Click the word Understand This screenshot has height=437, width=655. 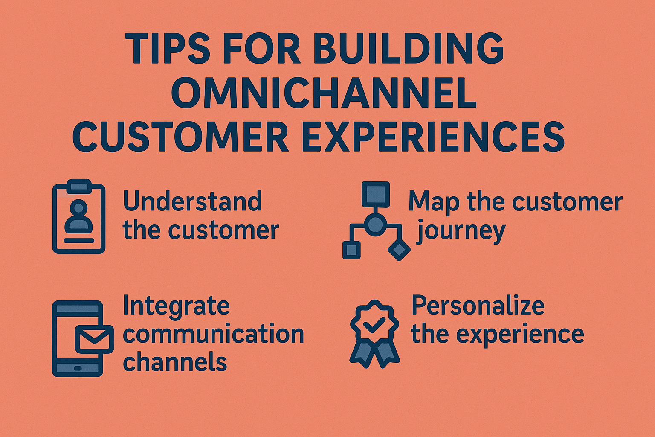click(192, 201)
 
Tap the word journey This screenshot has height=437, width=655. click(461, 231)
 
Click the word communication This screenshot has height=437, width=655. click(213, 334)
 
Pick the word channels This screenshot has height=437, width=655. click(175, 362)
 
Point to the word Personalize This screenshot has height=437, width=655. click(478, 306)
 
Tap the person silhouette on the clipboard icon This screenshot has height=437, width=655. click(79, 218)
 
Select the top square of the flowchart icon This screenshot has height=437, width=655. click(375, 194)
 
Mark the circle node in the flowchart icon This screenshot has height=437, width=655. click(375, 224)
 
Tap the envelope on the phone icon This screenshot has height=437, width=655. click(94, 339)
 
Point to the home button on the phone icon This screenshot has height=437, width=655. click(78, 368)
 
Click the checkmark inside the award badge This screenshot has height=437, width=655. click(374, 324)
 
